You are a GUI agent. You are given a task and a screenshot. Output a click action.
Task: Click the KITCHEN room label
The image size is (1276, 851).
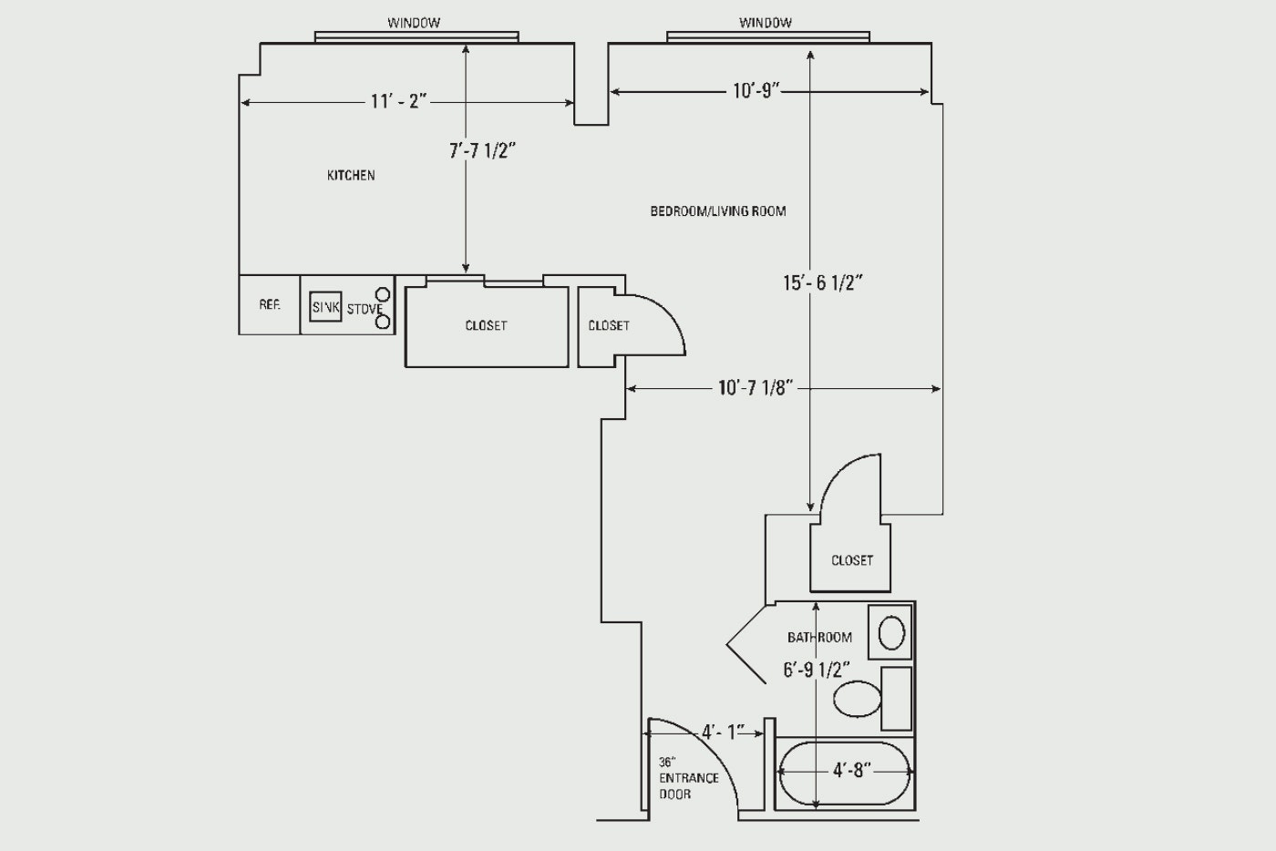[351, 176]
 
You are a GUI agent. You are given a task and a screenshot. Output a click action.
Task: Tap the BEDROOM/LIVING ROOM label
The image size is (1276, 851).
[718, 211]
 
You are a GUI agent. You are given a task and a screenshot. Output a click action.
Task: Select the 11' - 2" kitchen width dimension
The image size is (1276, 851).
[399, 101]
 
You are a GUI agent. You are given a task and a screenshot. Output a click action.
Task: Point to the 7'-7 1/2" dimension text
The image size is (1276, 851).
[482, 151]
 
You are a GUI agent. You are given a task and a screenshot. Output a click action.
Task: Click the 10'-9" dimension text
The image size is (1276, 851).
[756, 90]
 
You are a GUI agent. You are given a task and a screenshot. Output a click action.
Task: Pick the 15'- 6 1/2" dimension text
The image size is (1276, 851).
[822, 283]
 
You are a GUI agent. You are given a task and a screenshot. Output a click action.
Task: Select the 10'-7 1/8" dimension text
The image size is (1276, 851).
[756, 388]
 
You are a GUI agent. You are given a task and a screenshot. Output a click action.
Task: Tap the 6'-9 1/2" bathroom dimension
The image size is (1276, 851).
[817, 671]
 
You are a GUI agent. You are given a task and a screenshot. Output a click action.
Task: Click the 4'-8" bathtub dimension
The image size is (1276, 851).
[852, 771]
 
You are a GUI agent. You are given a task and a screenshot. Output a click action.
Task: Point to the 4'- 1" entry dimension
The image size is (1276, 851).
[723, 732]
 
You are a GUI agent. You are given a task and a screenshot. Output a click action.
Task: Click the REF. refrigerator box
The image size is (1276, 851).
[270, 304]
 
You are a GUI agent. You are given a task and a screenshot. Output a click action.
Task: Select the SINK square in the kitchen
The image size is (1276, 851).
[325, 307]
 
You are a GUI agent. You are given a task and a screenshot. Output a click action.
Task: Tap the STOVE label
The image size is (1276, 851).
[365, 309]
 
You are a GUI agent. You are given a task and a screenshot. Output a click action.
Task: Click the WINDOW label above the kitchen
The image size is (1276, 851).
[414, 23]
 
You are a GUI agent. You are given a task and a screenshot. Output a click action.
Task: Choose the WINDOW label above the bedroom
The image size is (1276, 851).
[765, 23]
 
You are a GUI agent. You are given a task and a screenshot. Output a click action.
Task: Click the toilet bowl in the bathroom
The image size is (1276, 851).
[858, 699]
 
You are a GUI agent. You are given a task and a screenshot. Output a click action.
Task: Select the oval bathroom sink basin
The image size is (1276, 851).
[891, 633]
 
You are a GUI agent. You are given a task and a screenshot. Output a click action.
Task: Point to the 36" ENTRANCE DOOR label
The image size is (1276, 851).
[689, 778]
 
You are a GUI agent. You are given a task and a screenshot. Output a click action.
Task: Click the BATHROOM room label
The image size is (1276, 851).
[819, 638]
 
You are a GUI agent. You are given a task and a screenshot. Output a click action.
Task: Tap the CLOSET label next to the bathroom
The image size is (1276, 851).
[851, 560]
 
